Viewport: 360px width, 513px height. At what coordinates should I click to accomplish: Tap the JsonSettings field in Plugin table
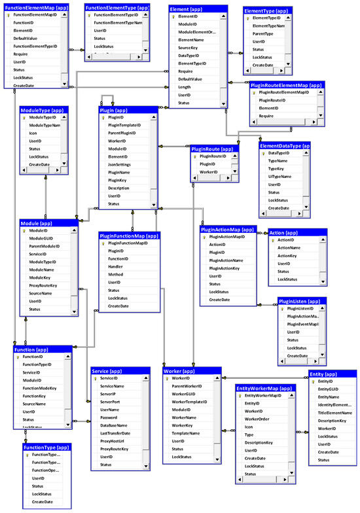click(x=120, y=165)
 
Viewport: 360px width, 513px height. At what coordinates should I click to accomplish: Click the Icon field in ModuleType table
click(x=33, y=133)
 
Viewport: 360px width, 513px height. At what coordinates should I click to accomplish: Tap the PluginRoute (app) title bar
click(x=212, y=149)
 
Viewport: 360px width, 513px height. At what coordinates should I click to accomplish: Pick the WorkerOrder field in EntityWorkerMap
click(x=257, y=419)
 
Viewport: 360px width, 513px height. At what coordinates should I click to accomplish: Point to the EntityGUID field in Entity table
click(x=329, y=389)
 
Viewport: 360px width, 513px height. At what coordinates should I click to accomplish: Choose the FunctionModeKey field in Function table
click(x=39, y=388)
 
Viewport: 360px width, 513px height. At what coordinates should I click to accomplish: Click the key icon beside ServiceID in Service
click(x=95, y=378)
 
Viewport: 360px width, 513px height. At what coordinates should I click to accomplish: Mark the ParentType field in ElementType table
click(x=263, y=33)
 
